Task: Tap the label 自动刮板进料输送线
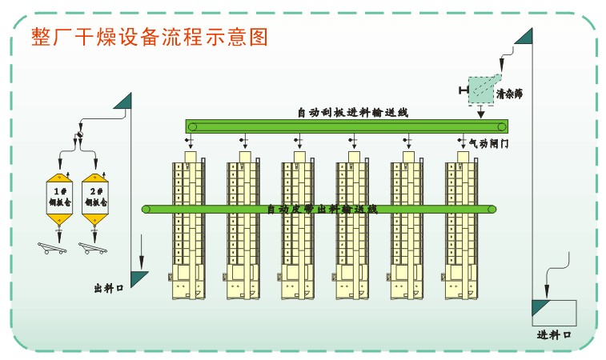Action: [352, 113]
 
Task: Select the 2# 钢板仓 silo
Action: [96, 197]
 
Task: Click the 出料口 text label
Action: [108, 288]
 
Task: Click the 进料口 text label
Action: [553, 334]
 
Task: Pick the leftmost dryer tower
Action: [188, 228]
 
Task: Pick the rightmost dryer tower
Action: [462, 228]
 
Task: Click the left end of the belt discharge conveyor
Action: [146, 210]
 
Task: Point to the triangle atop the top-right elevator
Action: [524, 37]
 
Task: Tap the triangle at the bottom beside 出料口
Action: [139, 278]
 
